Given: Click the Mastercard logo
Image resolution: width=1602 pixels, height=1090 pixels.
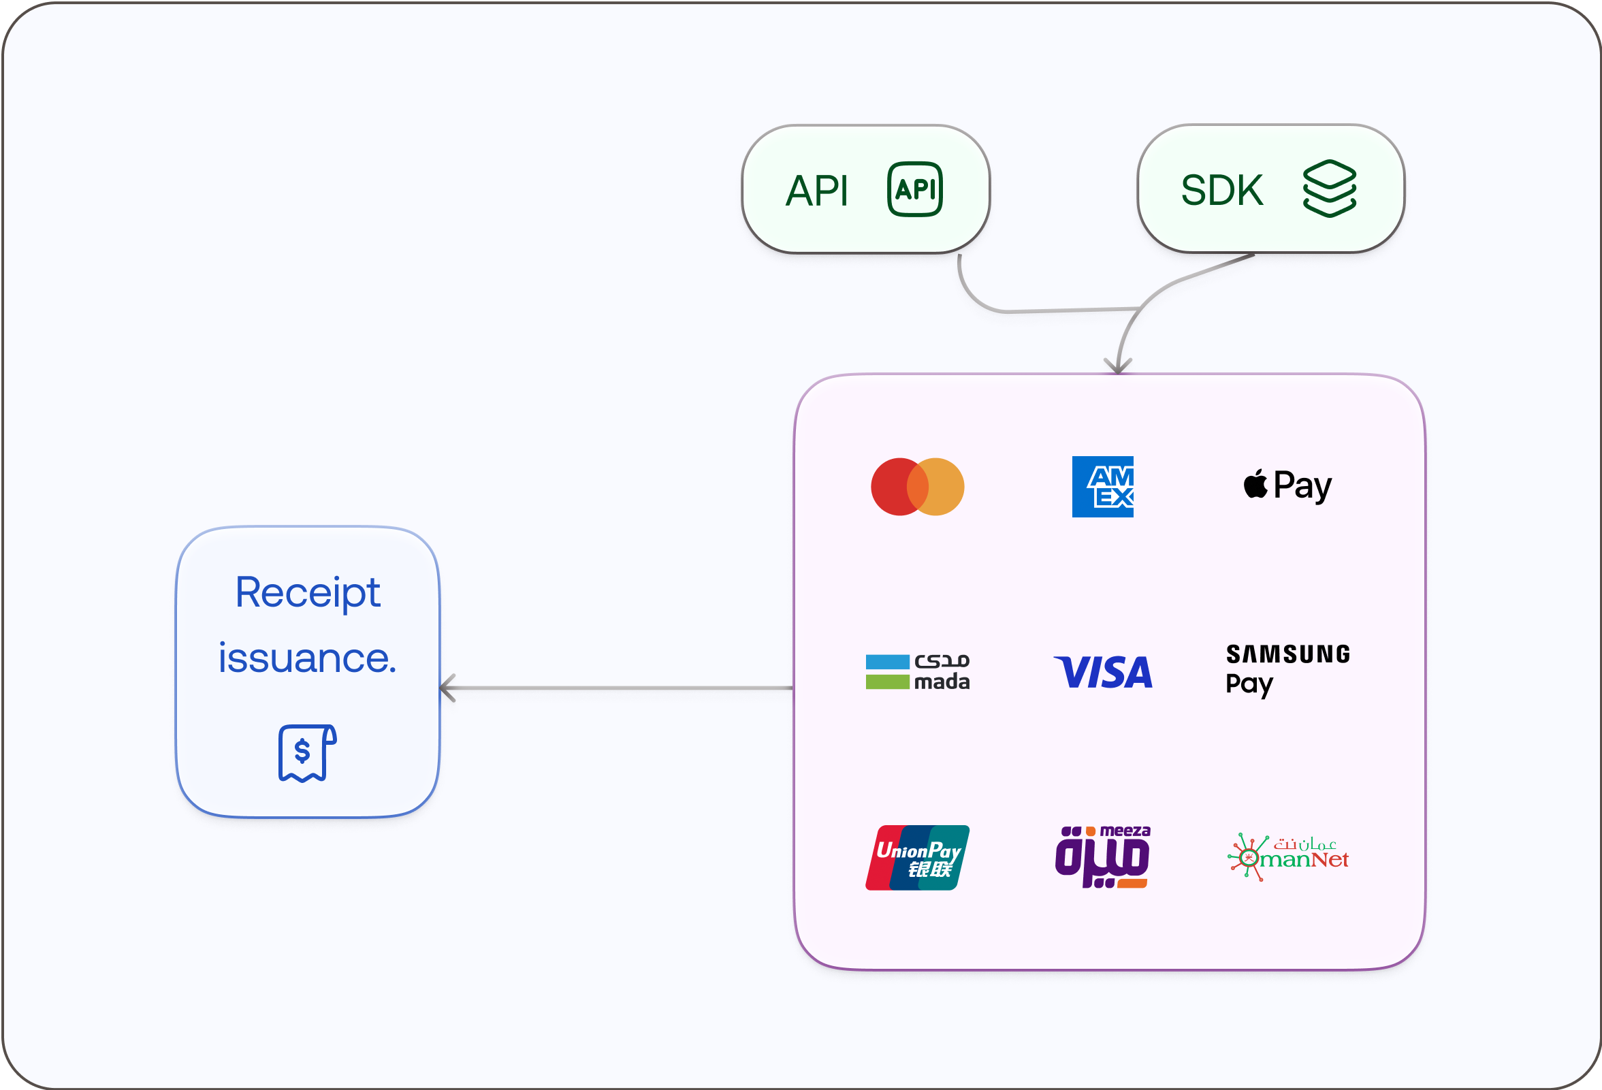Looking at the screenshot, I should tap(918, 487).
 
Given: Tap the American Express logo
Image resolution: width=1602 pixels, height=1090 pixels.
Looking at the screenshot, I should tap(1102, 487).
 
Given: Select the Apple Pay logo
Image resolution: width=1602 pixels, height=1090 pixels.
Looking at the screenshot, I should tap(1287, 485).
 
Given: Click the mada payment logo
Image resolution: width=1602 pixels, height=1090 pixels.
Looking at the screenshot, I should tap(918, 672).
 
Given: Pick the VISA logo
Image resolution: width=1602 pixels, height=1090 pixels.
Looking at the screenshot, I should tap(1103, 673).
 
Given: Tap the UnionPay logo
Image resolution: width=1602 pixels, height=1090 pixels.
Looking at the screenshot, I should tap(918, 858).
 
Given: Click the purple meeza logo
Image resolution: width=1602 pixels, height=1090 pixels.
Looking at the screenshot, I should tap(1102, 857).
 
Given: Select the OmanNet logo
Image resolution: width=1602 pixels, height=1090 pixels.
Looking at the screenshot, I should tap(1287, 857).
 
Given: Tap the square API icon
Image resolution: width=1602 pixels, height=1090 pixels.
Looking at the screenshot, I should tap(915, 189).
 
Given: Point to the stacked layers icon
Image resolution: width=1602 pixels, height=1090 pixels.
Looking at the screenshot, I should tap(1330, 188).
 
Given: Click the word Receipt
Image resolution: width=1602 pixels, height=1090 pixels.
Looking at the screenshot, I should tap(308, 593).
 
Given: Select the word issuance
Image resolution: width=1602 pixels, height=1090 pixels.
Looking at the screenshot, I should tap(308, 658).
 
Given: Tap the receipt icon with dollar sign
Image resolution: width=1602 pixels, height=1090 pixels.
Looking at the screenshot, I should tap(308, 753).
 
